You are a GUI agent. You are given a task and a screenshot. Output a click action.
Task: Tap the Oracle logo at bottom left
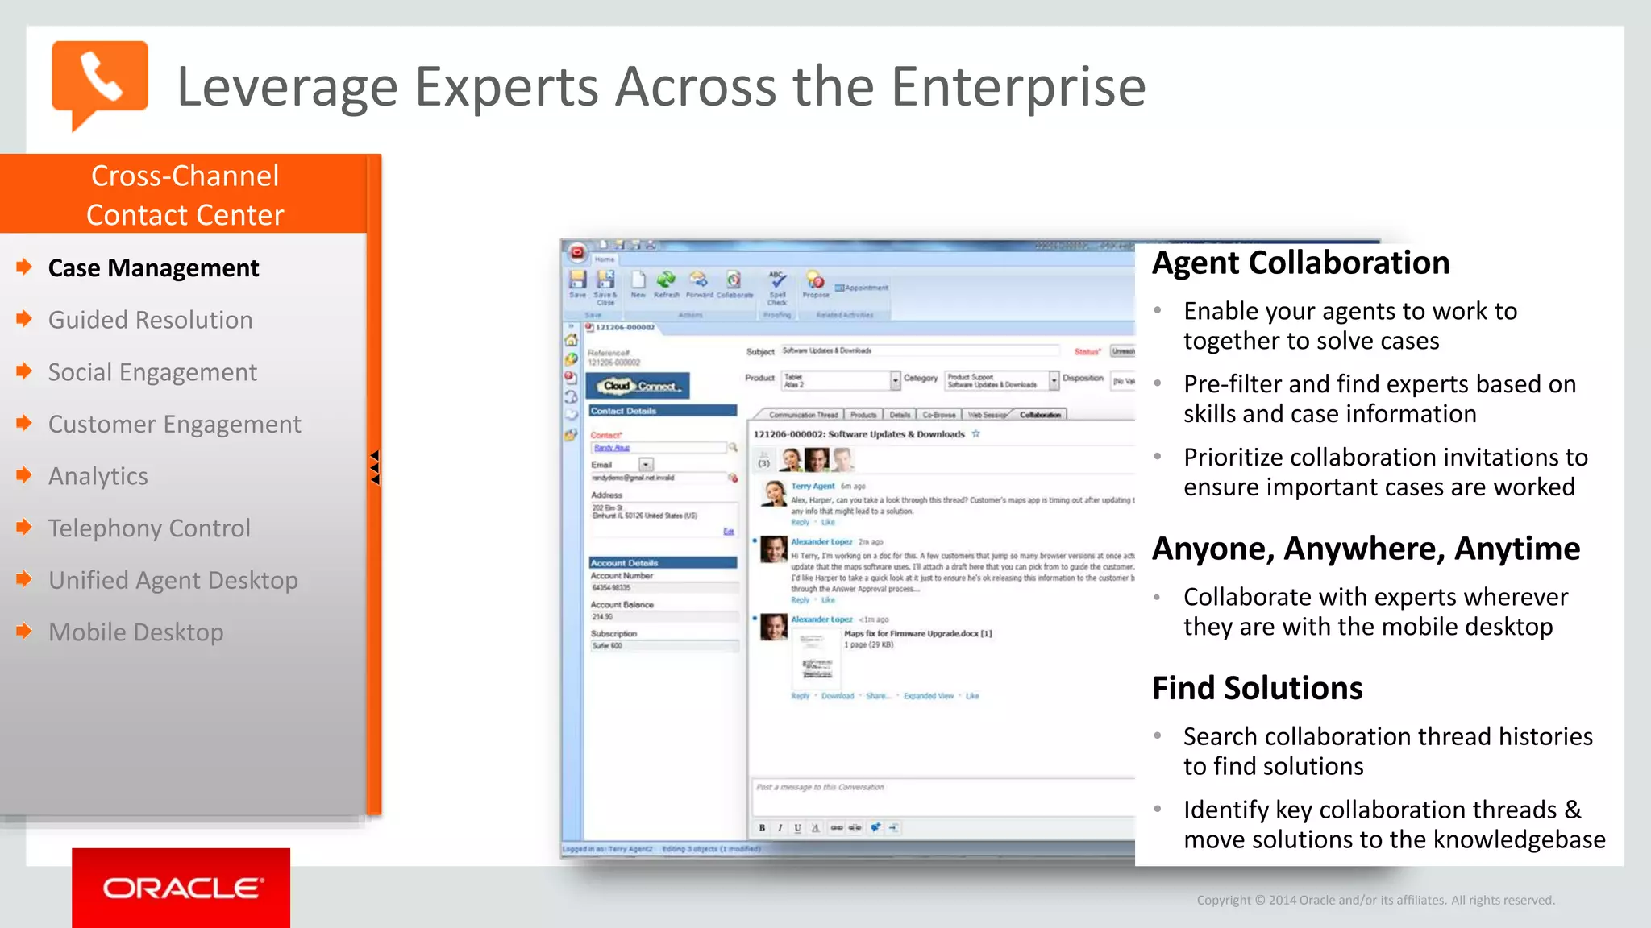click(x=181, y=888)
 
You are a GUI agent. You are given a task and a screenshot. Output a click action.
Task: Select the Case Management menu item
click(x=153, y=268)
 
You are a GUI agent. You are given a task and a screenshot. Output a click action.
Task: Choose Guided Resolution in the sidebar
click(x=150, y=320)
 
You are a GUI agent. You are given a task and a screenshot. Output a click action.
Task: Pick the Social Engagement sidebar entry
click(x=152, y=372)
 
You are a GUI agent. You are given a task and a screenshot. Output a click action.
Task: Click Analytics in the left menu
click(x=98, y=476)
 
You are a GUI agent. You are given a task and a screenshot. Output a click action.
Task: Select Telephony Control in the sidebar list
click(x=149, y=528)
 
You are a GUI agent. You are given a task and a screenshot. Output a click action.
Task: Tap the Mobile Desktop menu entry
click(x=135, y=632)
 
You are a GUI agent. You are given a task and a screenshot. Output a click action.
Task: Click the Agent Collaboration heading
click(x=1300, y=263)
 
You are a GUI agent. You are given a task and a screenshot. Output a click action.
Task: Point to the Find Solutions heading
click(x=1257, y=688)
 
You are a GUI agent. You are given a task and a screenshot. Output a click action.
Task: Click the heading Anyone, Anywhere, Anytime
click(x=1366, y=549)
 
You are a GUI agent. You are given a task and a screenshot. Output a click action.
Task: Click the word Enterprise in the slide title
click(x=1018, y=86)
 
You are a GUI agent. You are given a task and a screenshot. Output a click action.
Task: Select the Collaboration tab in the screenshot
click(x=1040, y=415)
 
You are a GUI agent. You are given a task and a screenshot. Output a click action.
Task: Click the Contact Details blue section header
click(x=663, y=411)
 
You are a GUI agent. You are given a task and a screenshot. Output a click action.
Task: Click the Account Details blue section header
click(x=663, y=562)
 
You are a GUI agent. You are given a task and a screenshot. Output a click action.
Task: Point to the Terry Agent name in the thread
click(x=812, y=486)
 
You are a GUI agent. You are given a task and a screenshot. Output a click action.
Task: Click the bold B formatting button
click(x=762, y=827)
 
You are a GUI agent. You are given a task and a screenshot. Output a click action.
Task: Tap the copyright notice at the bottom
click(x=1375, y=900)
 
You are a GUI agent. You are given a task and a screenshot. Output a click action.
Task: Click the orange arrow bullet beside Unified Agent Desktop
click(x=24, y=579)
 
